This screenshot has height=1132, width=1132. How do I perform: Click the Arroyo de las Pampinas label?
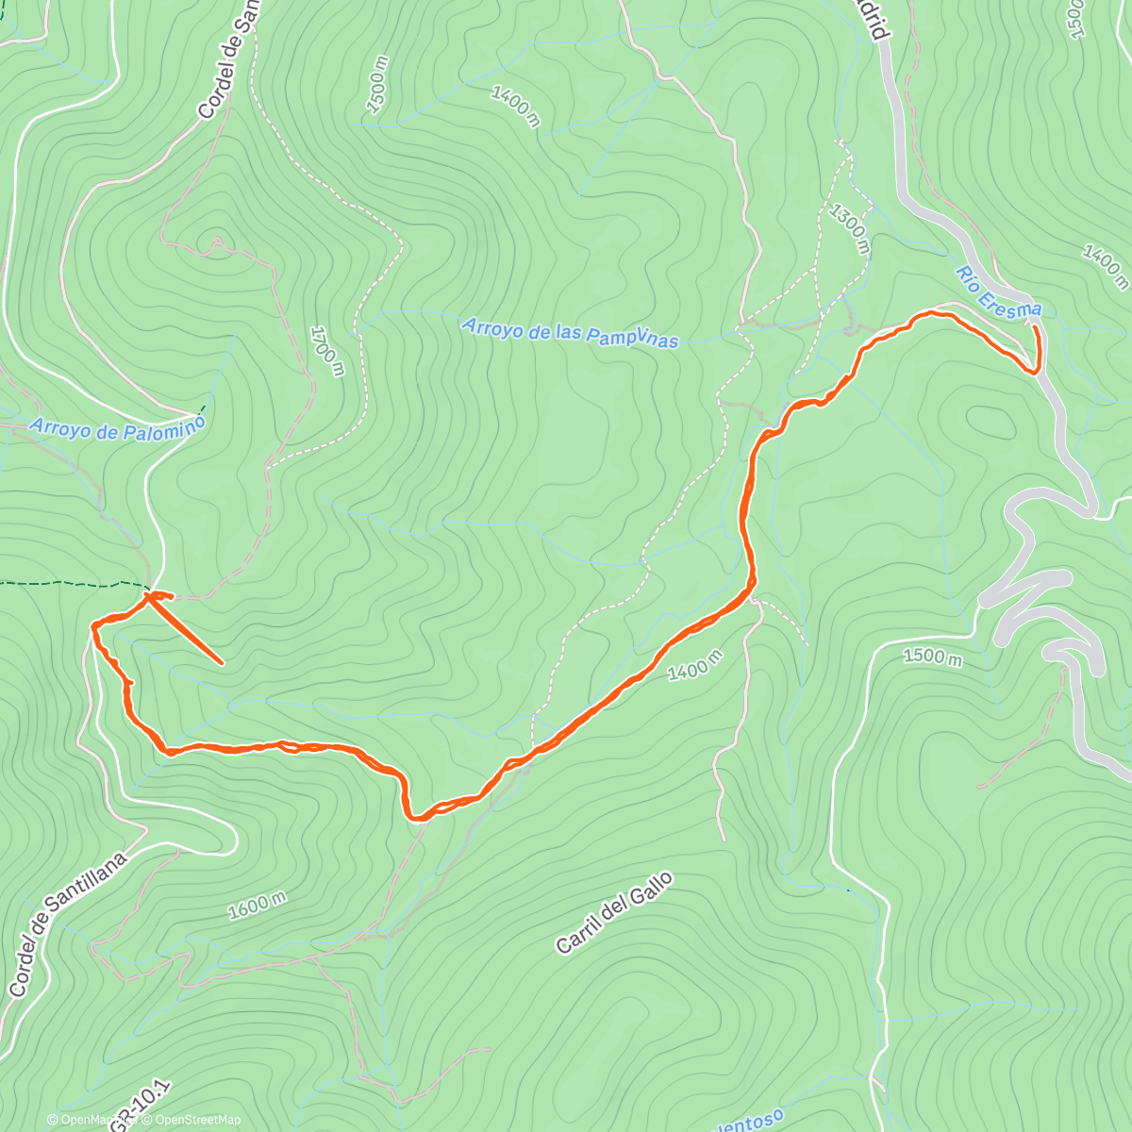[x=570, y=332]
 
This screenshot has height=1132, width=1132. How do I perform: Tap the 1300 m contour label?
[x=849, y=226]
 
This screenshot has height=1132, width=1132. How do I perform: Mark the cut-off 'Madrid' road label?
[x=877, y=19]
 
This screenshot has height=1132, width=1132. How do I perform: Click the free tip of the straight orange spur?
[x=222, y=663]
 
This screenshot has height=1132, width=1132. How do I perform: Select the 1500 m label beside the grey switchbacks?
[x=931, y=657]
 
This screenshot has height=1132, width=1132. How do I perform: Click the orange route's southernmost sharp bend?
[x=414, y=818]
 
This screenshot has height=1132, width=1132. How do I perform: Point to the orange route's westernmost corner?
[x=92, y=624]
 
